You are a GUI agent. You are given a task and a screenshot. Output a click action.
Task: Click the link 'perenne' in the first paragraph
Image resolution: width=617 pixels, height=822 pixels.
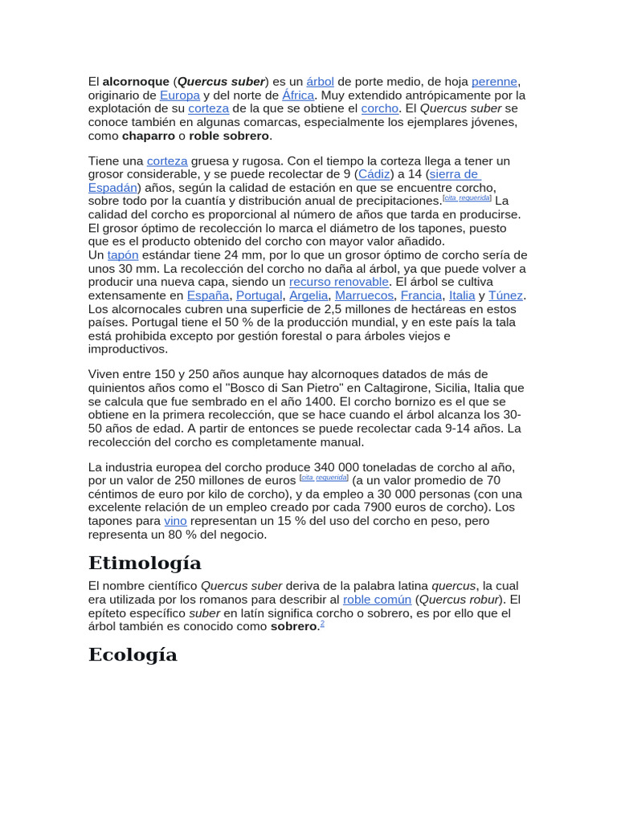[495, 82]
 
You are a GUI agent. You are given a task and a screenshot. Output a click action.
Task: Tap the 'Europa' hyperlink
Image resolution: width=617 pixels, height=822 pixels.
[180, 96]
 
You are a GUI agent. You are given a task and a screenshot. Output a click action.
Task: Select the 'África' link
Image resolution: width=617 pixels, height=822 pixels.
[298, 96]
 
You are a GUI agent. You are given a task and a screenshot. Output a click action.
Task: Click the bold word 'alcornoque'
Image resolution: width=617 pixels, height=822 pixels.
[136, 82]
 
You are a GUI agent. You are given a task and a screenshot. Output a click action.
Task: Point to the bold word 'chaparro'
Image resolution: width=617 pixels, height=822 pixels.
[149, 136]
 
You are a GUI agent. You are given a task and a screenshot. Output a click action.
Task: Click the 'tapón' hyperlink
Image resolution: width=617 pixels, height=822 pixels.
[123, 255]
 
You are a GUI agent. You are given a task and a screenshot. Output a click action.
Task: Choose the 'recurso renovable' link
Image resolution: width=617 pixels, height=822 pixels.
[339, 282]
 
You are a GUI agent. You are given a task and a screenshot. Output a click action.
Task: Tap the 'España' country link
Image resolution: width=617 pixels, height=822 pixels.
[208, 295]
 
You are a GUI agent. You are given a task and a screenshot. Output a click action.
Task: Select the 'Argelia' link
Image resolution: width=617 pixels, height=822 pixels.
[308, 295]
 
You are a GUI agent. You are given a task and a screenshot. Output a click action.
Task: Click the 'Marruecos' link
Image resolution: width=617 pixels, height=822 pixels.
[364, 295]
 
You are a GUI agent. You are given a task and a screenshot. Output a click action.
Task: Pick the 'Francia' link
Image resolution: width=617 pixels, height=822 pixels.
[421, 295]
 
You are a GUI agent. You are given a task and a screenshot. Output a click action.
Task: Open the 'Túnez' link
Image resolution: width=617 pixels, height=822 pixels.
[505, 295]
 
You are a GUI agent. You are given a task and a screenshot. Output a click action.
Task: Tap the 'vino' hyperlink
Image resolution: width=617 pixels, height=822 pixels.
[175, 521]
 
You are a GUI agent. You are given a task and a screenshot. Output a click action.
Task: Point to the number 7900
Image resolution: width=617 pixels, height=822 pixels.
[378, 507]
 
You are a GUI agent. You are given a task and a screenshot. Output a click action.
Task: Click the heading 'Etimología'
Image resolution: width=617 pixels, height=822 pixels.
[145, 563]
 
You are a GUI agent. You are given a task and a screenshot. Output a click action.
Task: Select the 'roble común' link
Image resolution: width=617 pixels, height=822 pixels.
[377, 600]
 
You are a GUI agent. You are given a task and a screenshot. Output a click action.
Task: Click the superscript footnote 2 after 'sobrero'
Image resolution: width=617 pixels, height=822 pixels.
[322, 624]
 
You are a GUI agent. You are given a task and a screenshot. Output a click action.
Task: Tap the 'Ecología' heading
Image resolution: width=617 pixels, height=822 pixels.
[133, 654]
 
